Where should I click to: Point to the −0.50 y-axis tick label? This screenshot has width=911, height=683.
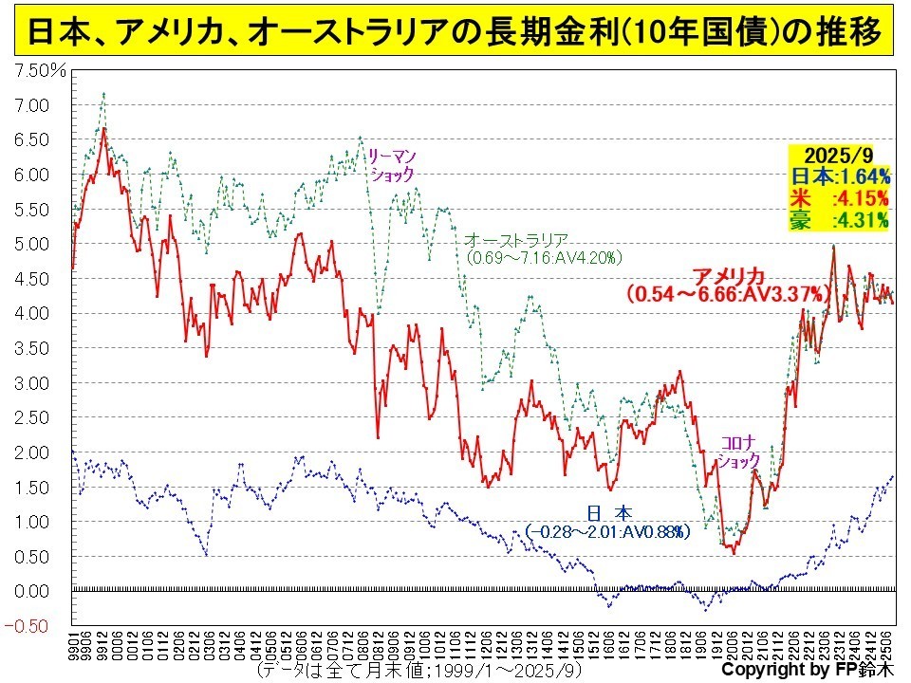pos(32,625)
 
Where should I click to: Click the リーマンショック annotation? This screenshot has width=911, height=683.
pos(392,165)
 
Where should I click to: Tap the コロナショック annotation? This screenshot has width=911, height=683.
pos(738,452)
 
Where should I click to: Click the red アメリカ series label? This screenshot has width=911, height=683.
pos(729,276)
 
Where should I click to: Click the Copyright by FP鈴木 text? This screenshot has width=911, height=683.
pos(807,670)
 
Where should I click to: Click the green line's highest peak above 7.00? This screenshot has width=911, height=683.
pos(102,94)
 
